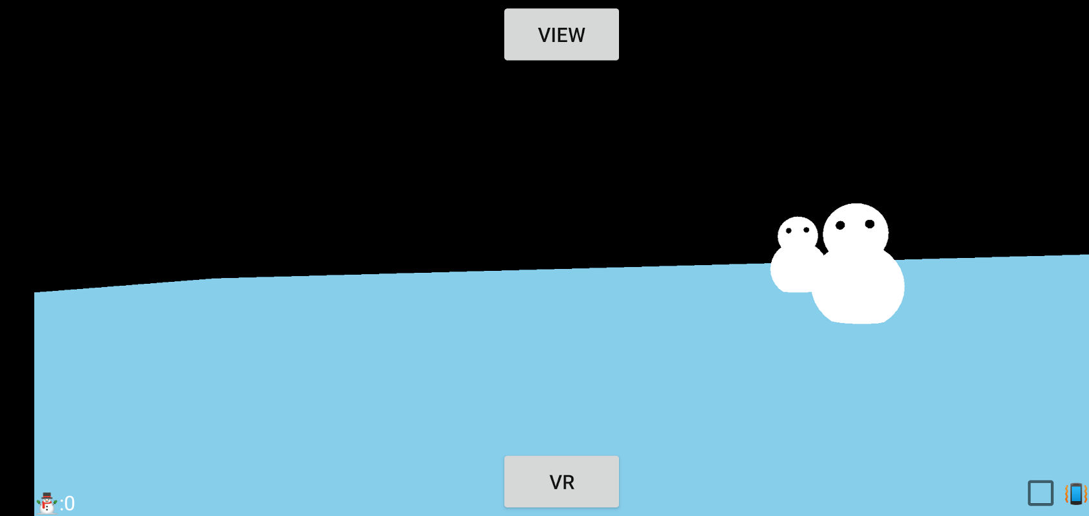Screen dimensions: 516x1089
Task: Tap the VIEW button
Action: click(561, 34)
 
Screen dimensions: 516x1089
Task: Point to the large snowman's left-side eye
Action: click(840, 225)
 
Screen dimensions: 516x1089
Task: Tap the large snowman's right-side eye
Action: click(870, 224)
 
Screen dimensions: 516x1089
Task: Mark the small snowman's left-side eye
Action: click(789, 230)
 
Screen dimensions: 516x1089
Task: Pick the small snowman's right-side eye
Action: click(806, 230)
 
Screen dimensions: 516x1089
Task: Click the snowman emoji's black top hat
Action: click(46, 495)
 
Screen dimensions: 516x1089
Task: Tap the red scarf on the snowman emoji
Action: click(46, 503)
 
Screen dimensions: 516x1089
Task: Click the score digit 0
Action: click(70, 504)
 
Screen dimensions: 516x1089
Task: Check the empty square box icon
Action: click(1040, 493)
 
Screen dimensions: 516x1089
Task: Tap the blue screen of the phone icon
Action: click(1075, 493)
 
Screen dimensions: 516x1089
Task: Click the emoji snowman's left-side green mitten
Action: click(39, 501)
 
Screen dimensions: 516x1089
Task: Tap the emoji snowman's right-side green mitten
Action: click(55, 501)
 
